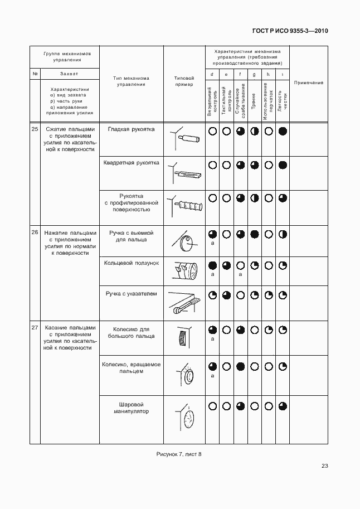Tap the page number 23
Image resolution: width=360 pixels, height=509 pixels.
point(324,466)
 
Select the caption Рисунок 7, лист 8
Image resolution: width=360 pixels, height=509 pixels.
point(179,454)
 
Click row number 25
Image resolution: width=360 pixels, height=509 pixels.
point(35,129)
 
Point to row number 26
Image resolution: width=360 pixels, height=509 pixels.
point(35,232)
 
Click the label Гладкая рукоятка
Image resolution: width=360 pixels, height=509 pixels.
point(132,129)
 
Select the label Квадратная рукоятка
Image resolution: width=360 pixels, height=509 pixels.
point(132,163)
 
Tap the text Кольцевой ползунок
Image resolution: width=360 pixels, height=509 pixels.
point(132,261)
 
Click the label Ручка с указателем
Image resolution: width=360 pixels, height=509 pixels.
point(132,293)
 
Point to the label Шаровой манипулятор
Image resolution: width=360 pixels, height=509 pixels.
point(132,407)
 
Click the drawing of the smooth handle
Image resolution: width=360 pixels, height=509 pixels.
point(186,137)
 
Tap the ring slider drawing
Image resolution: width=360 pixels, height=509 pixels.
point(184,272)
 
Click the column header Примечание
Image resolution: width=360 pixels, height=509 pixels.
point(308,83)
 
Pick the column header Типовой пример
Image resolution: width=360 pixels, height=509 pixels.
point(184,81)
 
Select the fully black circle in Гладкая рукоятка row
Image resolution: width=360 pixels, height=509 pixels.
point(283,132)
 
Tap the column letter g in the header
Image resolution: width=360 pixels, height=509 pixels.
point(254,74)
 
